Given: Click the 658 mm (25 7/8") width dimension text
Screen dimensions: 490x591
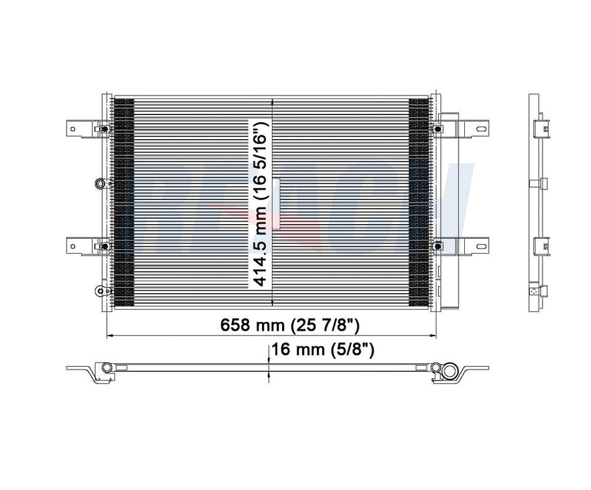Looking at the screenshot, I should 290,325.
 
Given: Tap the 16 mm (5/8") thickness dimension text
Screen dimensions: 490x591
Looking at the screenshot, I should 323,351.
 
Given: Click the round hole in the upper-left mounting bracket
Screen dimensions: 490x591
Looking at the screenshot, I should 73,129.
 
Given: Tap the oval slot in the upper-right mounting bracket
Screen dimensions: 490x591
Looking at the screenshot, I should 480,129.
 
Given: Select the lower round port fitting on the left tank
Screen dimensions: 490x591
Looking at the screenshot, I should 100,291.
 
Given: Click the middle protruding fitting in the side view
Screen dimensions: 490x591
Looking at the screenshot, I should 542,183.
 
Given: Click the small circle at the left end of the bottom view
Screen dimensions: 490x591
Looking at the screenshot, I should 106,367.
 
